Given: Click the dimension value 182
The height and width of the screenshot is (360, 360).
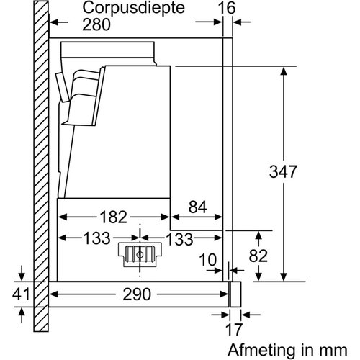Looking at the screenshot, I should click(112, 217).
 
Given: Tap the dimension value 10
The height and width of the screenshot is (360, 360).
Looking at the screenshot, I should click(208, 258).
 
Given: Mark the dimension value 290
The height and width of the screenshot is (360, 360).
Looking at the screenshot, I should click(137, 295).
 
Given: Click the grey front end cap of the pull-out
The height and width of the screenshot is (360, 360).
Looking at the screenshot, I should click(235, 294).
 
